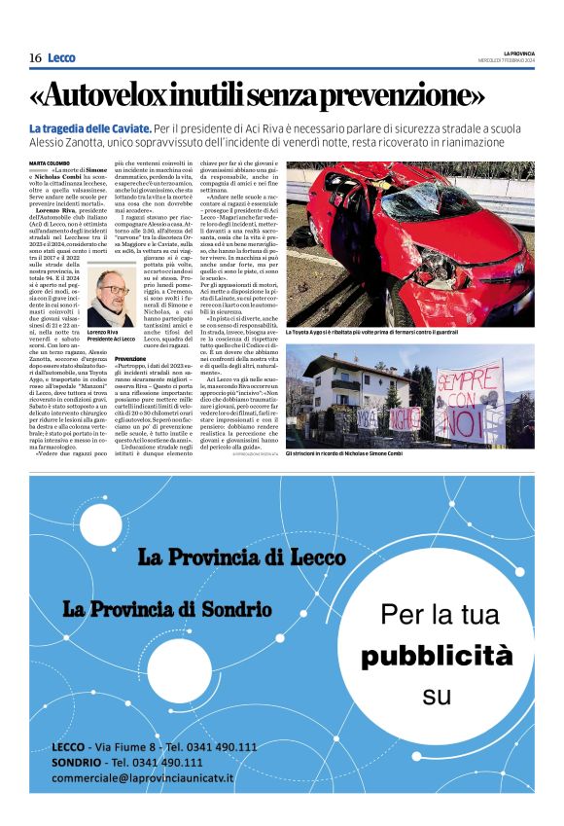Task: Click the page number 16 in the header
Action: [x=35, y=58]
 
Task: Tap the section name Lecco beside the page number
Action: [x=61, y=58]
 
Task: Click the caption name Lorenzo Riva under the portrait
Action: [x=102, y=332]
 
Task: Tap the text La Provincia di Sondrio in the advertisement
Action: [x=166, y=609]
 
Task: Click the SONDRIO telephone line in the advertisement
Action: [x=126, y=763]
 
